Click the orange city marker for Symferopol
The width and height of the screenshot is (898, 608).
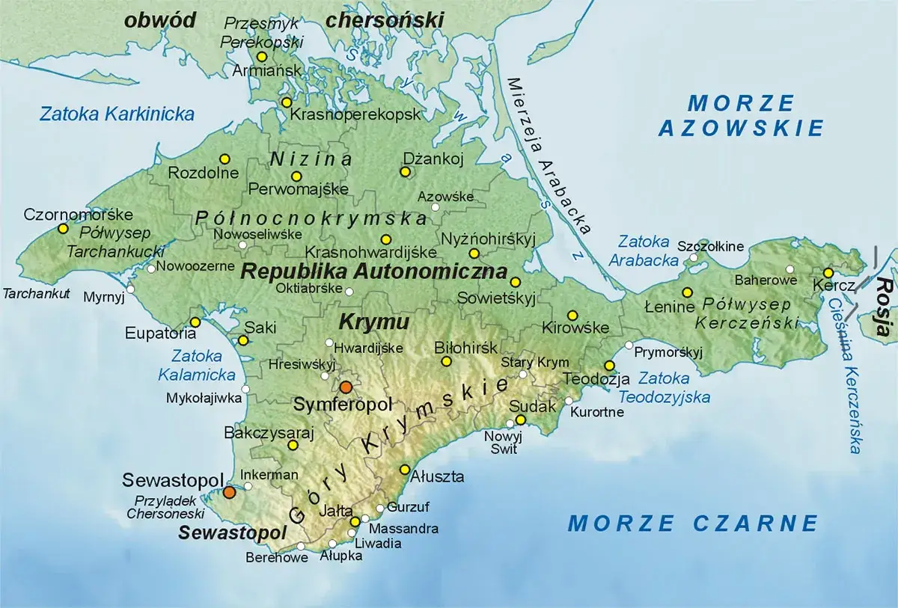[345, 387]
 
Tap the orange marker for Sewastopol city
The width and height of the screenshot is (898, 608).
[229, 492]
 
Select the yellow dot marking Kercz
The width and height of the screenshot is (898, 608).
[828, 273]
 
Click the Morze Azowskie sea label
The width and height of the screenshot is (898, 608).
[740, 115]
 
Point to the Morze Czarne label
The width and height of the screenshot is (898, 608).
[692, 523]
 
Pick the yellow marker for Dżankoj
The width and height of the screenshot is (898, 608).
[405, 172]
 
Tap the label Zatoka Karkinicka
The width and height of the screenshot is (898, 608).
[117, 114]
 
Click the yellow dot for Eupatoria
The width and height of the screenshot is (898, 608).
[195, 322]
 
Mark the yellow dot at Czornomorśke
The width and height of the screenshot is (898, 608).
[63, 228]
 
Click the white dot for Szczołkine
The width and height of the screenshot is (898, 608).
[694, 258]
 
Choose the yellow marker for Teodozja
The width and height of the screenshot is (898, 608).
[609, 365]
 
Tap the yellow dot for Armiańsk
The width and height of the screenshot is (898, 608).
[262, 57]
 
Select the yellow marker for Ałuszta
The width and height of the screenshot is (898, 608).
[405, 470]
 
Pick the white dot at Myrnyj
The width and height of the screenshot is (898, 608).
[131, 289]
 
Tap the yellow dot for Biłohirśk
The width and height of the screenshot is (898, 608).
[446, 362]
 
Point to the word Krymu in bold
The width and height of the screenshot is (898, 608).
[374, 322]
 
